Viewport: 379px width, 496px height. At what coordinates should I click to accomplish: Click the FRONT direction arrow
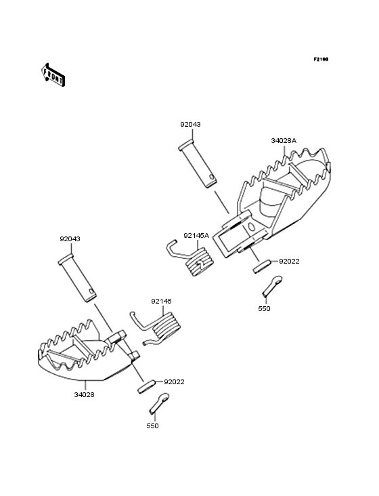pos(53,75)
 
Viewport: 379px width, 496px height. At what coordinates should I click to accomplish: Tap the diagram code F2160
pos(321,59)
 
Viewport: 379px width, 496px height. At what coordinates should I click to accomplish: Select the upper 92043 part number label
pos(190,124)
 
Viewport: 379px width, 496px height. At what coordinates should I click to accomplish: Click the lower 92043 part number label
pos(70,239)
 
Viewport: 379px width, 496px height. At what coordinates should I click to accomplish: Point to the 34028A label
pos(284,141)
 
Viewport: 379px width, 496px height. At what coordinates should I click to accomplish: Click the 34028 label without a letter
pos(85,395)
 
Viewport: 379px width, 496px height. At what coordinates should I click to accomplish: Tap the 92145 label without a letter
pos(161,301)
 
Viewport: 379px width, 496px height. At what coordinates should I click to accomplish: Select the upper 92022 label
pos(289,262)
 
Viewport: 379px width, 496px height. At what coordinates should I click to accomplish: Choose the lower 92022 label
pos(174,381)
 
